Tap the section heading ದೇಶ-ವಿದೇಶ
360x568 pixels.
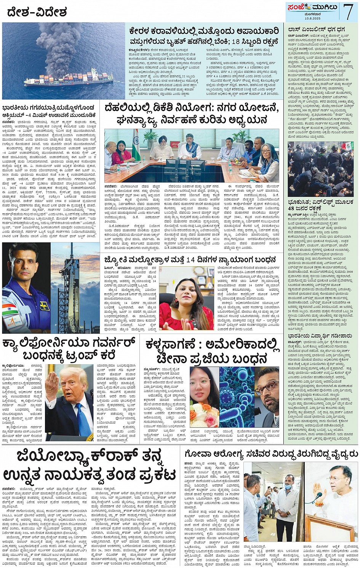point(37,12)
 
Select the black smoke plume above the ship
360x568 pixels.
point(57,42)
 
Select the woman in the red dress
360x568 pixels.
point(186,301)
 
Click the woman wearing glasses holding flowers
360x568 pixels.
point(204,396)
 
